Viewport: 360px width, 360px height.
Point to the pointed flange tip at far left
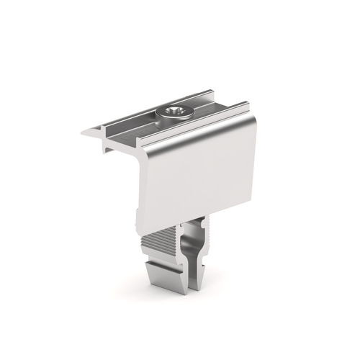(83, 132)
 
